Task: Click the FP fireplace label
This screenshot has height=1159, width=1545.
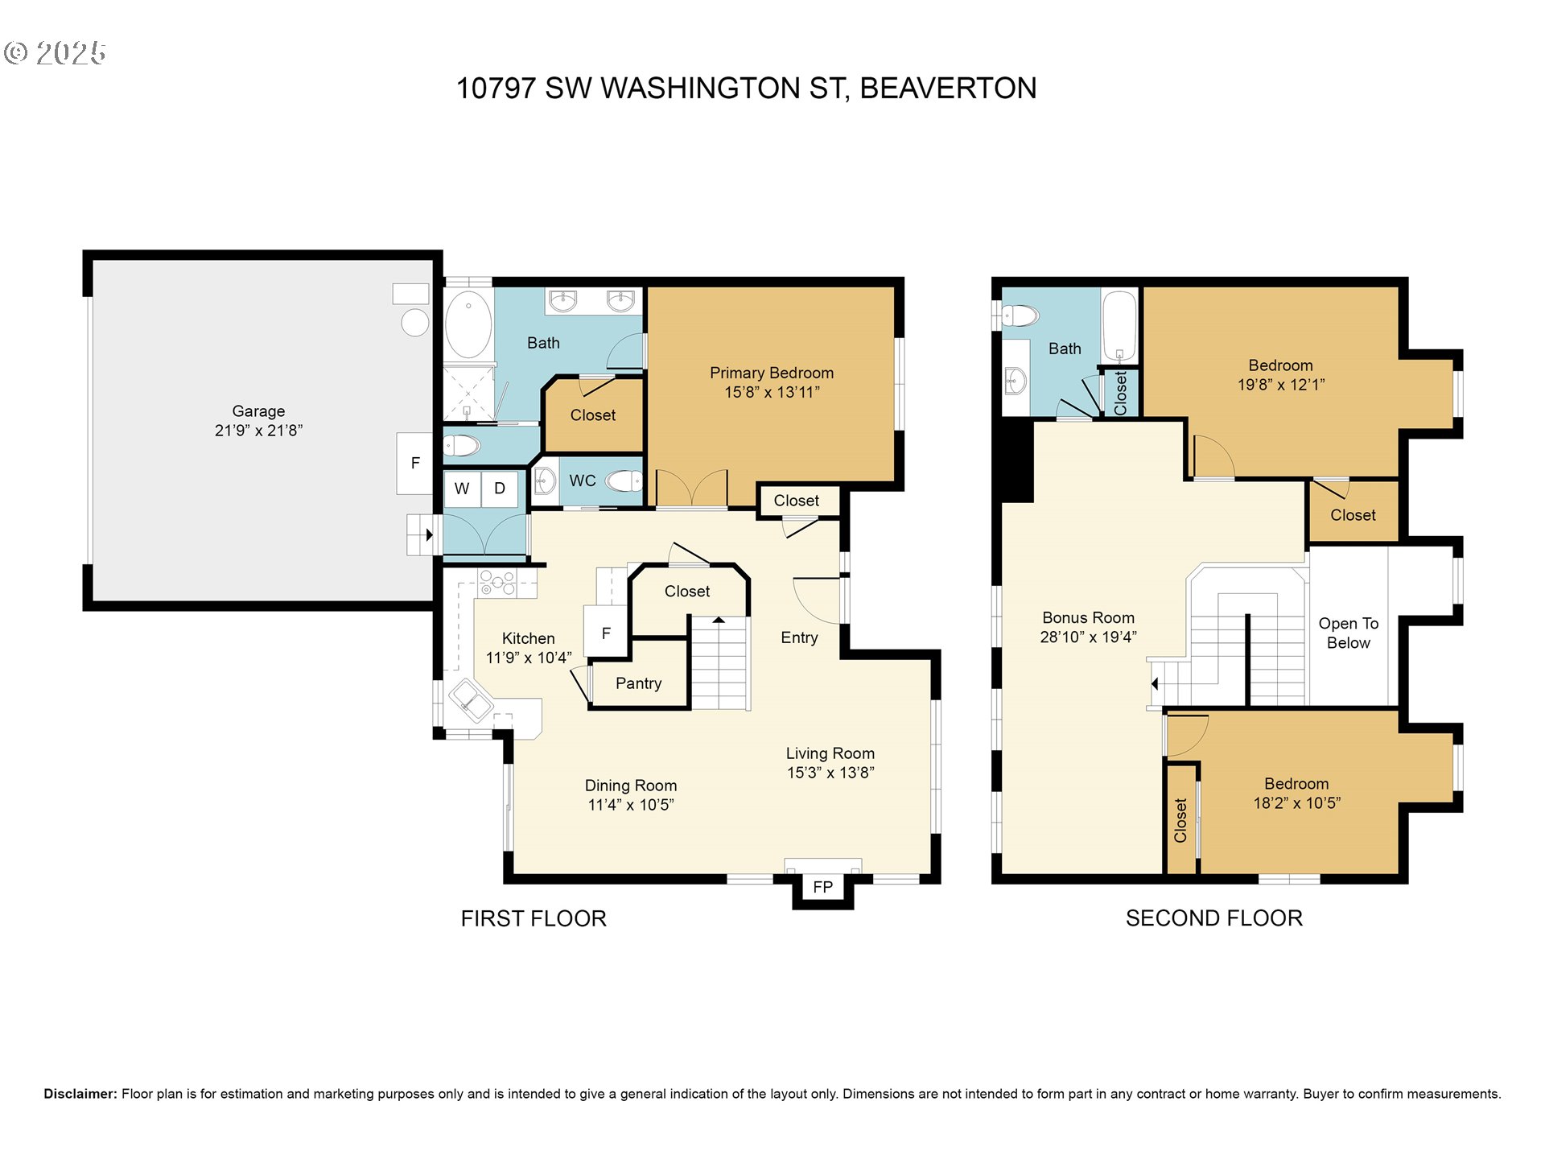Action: (x=822, y=887)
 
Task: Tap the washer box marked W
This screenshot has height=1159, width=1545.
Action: (x=462, y=489)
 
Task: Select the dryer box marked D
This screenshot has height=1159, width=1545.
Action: (x=500, y=489)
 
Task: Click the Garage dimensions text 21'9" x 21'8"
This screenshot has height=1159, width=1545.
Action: (x=258, y=431)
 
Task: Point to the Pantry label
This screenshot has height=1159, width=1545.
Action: (x=638, y=683)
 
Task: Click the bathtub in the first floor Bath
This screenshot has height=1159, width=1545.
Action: (x=468, y=324)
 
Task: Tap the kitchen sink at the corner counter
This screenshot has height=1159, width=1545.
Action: (x=470, y=701)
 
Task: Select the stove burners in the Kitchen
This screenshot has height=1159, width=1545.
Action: (x=497, y=583)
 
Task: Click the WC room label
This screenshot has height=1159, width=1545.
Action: (x=583, y=481)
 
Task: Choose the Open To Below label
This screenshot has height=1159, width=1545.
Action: (x=1348, y=633)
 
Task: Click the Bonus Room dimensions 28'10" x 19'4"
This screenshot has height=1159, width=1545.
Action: (x=1088, y=637)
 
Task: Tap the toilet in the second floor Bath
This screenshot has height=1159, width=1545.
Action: (x=1020, y=315)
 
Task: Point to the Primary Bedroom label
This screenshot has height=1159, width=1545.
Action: (x=771, y=373)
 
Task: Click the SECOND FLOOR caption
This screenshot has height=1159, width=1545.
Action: (x=1213, y=918)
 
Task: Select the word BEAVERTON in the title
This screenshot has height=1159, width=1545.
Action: (x=948, y=89)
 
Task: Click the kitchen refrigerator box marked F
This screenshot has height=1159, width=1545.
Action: (x=606, y=633)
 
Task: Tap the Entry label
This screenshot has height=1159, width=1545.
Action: (x=799, y=637)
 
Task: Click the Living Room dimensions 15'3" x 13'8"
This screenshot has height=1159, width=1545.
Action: (x=830, y=773)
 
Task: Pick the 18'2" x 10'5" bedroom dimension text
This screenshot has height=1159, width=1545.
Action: (x=1296, y=803)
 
